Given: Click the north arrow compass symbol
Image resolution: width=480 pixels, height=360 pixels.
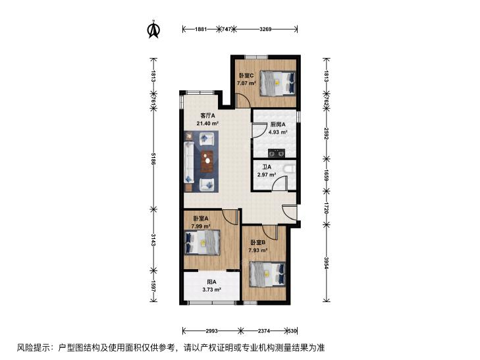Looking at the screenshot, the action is tap(153, 30).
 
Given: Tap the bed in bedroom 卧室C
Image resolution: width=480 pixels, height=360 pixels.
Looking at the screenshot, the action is tap(278, 84).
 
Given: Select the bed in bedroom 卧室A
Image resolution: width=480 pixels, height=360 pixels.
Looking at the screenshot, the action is tap(203, 242).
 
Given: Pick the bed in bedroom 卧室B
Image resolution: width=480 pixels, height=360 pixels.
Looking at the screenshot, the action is tap(268, 274).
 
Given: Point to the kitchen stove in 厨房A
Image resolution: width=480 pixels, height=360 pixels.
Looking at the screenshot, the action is tap(277, 153).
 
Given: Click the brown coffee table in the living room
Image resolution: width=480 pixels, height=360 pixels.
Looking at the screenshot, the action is tap(208, 161).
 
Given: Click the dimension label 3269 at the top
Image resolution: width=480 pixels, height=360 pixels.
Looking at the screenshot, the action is tap(265, 30).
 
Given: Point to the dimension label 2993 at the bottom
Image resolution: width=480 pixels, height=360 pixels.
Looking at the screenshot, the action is tap(211, 330).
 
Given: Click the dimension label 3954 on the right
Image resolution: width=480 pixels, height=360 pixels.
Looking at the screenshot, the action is tap(327, 263).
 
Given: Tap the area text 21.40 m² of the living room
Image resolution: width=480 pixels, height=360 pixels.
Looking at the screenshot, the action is tap(207, 124).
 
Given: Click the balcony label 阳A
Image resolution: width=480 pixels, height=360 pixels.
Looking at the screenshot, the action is tap(211, 282).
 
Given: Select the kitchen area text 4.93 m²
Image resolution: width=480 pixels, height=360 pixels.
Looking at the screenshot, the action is tap(278, 132).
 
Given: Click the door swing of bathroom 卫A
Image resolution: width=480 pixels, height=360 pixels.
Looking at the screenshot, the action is tap(279, 183).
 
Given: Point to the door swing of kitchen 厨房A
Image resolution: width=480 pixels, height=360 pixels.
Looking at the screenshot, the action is tap(259, 130).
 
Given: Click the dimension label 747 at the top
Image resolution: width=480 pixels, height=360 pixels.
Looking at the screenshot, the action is tap(227, 30).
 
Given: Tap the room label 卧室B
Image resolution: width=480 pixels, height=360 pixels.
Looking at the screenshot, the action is tap(258, 243).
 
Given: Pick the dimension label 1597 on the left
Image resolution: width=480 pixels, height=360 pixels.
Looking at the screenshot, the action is tap(153, 286).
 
